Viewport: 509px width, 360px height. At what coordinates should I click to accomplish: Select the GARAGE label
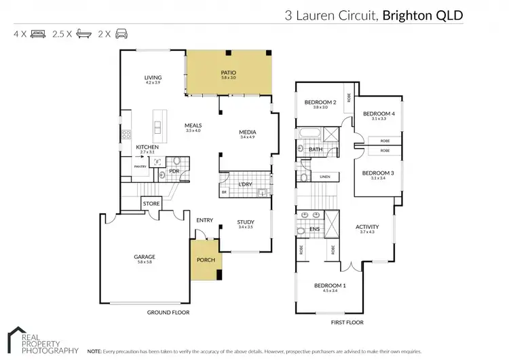[145, 257]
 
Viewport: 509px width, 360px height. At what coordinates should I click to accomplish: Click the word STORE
[151, 203]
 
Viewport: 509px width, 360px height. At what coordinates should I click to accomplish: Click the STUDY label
[245, 221]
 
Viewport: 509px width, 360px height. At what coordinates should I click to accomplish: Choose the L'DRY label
[245, 185]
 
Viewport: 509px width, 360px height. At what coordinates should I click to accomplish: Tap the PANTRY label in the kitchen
[140, 166]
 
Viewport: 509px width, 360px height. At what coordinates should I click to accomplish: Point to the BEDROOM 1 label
[331, 285]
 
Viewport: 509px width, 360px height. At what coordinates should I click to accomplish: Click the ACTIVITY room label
[367, 227]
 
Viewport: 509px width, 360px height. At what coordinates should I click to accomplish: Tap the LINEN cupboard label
[325, 177]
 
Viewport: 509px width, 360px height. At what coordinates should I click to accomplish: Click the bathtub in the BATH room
[308, 133]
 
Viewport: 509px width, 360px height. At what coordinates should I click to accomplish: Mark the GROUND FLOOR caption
[168, 312]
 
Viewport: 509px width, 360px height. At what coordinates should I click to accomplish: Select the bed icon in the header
[39, 32]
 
